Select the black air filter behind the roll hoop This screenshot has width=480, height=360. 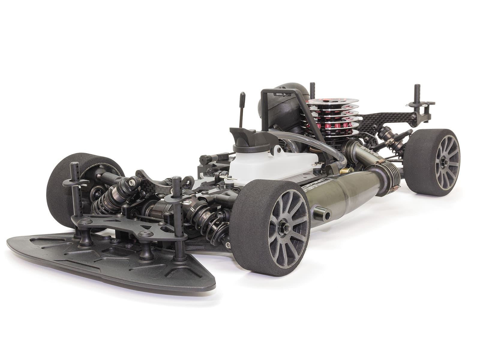tap(276, 108)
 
